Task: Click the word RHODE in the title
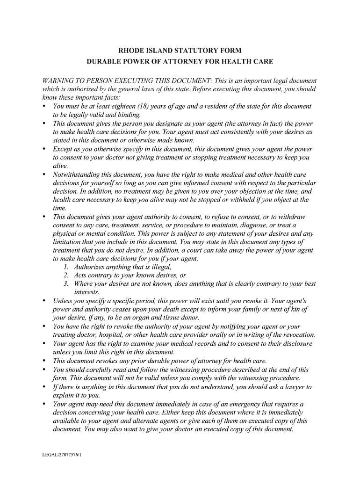pos(131,51)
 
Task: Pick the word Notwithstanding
pos(76,174)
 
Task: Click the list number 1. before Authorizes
pos(66,267)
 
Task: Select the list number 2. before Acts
pos(66,276)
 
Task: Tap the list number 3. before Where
pos(66,284)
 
